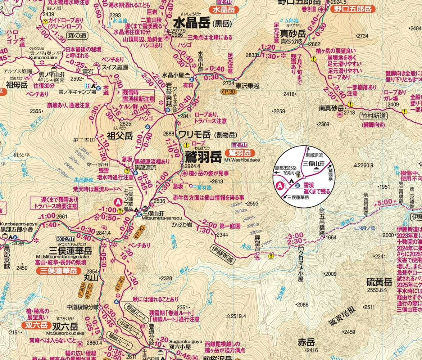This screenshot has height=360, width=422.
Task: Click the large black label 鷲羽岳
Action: pos(203,156)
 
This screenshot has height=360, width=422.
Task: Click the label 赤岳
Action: pos(306,342)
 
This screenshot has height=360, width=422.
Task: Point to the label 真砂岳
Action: pos(293,34)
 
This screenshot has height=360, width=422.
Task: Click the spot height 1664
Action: pos(331,237)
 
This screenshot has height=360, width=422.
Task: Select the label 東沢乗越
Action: pos(248,86)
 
